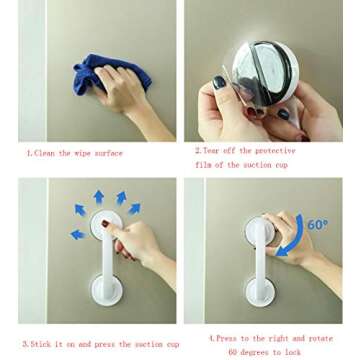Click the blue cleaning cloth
pyautogui.click(x=110, y=75)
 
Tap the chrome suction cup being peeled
pyautogui.click(x=266, y=72)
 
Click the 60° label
pyautogui.click(x=317, y=225)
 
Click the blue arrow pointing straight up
pyautogui.click(x=99, y=197)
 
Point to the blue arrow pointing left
pyautogui.click(x=77, y=235)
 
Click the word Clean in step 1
pyautogui.click(x=45, y=154)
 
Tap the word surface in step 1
pyautogui.click(x=108, y=154)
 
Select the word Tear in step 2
pyautogui.click(x=210, y=151)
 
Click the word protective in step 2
pyautogui.click(x=275, y=151)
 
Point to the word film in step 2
pyautogui.click(x=203, y=165)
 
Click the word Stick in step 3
pyautogui.click(x=41, y=344)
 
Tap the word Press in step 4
pyautogui.click(x=227, y=339)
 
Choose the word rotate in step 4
pyautogui.click(x=320, y=339)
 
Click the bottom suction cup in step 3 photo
pyautogui.click(x=106, y=289)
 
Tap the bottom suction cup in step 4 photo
pyautogui.click(x=260, y=293)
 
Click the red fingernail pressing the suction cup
pyautogui.click(x=105, y=224)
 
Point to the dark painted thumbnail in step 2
pyautogui.click(x=219, y=82)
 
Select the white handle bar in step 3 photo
pyautogui.click(x=108, y=258)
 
